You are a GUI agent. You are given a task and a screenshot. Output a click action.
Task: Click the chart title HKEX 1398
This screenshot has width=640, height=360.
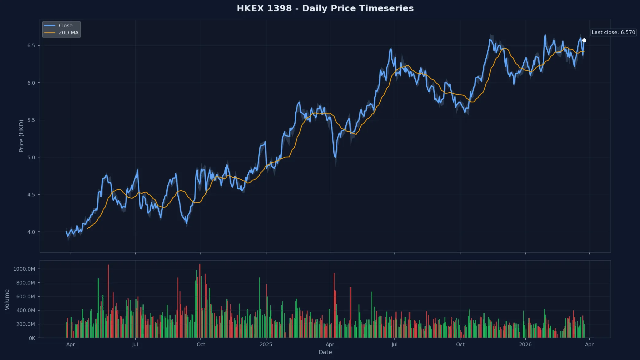[325, 8]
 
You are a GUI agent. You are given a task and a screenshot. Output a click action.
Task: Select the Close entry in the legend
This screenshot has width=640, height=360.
[65, 25]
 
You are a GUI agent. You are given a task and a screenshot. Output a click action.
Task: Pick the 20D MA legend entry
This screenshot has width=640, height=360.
[68, 33]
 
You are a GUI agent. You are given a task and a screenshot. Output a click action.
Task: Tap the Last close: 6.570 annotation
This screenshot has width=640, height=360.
[613, 32]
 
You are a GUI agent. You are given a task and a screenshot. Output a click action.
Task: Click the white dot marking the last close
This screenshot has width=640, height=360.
[584, 41]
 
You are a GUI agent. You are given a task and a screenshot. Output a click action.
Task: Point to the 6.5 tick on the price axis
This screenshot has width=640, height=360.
[31, 45]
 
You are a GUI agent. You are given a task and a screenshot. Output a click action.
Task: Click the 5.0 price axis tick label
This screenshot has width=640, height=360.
[31, 157]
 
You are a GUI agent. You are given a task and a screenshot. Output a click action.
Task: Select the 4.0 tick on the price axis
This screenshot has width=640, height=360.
[31, 232]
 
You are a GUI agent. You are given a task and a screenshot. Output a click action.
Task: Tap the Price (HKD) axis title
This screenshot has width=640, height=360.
[21, 136]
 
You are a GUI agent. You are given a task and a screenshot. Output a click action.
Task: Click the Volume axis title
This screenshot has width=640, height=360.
[7, 300]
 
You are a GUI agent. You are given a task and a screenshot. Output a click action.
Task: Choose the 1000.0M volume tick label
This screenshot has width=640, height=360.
[24, 269]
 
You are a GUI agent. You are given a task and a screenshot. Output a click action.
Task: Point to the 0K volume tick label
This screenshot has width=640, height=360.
[32, 338]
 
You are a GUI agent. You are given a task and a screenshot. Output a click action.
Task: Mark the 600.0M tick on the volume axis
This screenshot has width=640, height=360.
[25, 296]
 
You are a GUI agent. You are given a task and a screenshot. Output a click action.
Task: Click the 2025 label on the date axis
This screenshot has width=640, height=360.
[266, 344]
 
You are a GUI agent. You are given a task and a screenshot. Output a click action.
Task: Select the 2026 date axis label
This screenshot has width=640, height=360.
[525, 344]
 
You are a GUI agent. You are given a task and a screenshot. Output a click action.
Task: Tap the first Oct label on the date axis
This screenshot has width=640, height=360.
[201, 344]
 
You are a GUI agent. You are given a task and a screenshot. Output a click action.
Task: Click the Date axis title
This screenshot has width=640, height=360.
[325, 352]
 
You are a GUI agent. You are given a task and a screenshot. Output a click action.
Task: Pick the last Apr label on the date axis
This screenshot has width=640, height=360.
[589, 344]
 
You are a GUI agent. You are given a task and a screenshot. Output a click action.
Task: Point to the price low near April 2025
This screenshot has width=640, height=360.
[336, 157]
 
